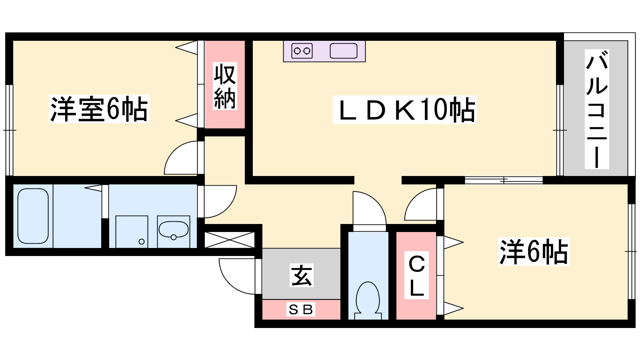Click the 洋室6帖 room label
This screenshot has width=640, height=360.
pos(99,109)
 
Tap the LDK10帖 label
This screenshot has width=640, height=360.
pos(404,110)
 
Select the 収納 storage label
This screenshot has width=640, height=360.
pos(225,86)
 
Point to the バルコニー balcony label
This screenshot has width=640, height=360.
pos(597,109)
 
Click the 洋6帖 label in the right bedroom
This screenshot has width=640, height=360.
pos(534,252)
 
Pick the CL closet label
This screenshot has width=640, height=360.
pos(416,275)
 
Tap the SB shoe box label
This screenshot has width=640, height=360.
pos(300,310)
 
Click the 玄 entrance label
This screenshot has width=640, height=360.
pos(302,276)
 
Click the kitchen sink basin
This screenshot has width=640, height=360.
pos(344,51)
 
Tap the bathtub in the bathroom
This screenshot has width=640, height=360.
pos(33,216)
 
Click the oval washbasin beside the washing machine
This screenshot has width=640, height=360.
pos(174,230)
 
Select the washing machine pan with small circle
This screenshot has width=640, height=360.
pos(132,232)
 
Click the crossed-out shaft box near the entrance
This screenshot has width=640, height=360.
pos(230,240)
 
